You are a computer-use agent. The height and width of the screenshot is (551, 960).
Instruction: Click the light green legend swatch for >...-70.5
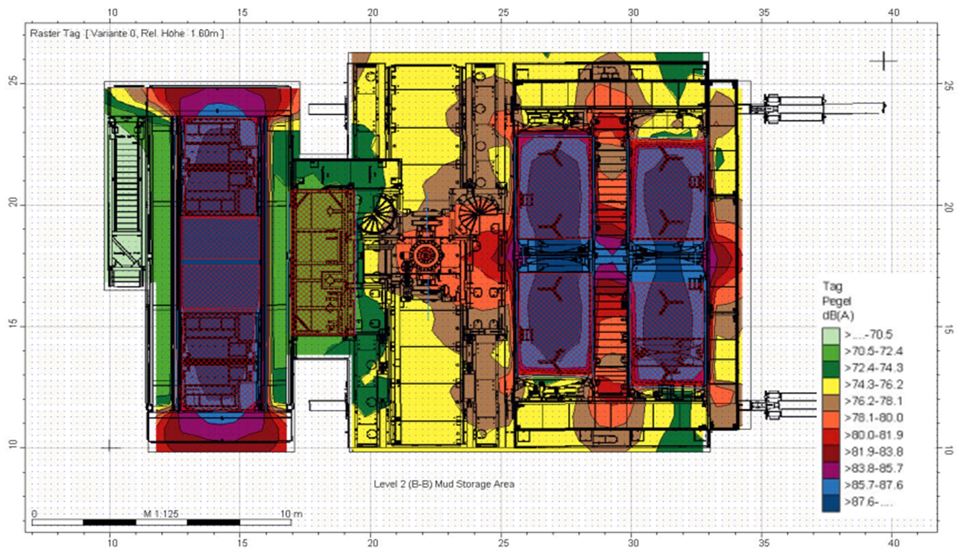click(831, 335)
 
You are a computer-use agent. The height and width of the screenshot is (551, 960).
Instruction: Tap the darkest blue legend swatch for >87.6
click(831, 503)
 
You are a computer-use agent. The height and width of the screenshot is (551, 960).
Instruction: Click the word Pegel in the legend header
click(837, 301)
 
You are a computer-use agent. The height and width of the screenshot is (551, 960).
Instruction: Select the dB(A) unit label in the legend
click(838, 315)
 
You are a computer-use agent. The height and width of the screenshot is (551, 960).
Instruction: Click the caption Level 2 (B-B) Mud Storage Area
click(444, 484)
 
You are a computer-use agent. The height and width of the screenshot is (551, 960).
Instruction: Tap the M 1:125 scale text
click(161, 514)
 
